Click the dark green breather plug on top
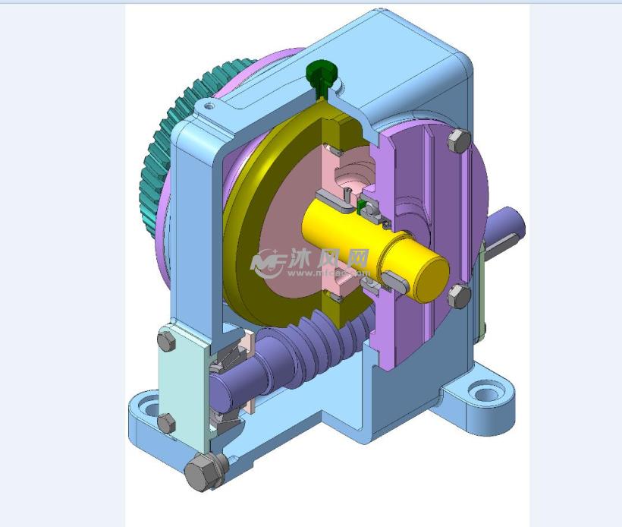coord(322,74)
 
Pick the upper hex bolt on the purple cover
coord(458,141)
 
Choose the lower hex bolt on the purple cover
coord(457,295)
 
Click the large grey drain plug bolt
coord(201,473)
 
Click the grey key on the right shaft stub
coord(504,242)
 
